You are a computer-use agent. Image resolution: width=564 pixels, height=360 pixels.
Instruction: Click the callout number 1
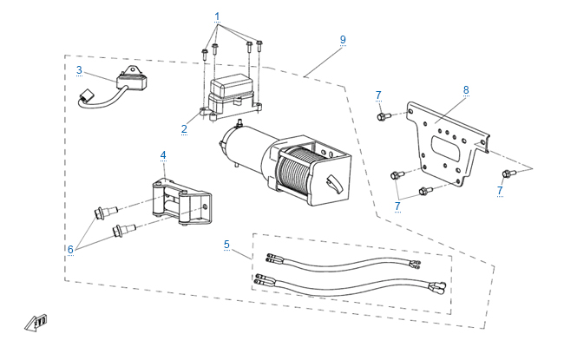click(217, 17)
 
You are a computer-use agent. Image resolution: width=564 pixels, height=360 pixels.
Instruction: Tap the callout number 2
click(184, 129)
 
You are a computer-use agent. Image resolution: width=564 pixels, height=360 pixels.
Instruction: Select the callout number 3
click(79, 69)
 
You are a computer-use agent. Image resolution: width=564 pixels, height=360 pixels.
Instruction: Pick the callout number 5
click(226, 244)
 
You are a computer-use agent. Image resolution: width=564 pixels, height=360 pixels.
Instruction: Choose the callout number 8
click(466, 89)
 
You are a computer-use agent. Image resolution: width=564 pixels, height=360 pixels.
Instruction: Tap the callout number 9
click(343, 40)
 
